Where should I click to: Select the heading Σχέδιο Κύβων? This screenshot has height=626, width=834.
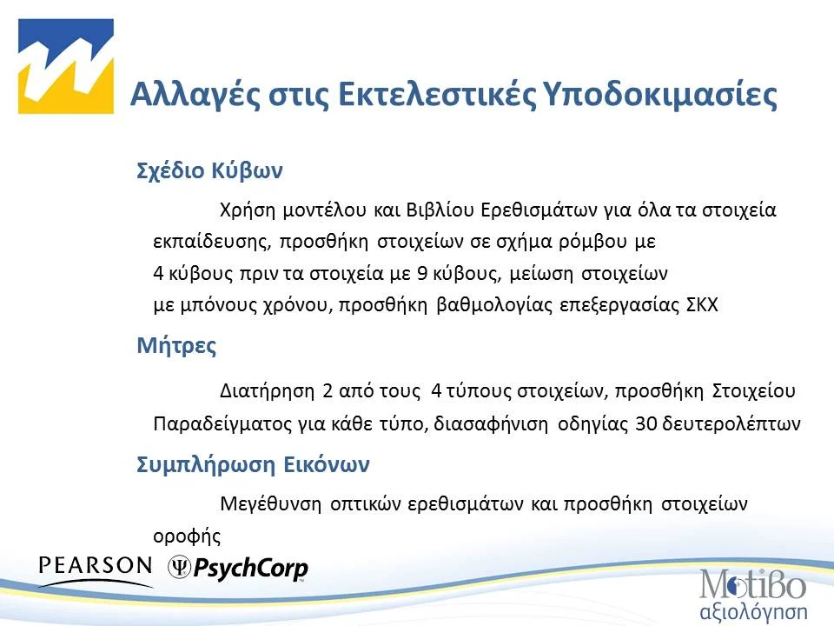[210, 170]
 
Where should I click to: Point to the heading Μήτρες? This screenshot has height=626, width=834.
[176, 346]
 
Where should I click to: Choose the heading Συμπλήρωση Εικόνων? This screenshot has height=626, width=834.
[254, 464]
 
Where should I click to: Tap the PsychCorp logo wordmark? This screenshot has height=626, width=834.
[249, 569]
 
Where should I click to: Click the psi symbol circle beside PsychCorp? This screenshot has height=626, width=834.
[180, 568]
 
